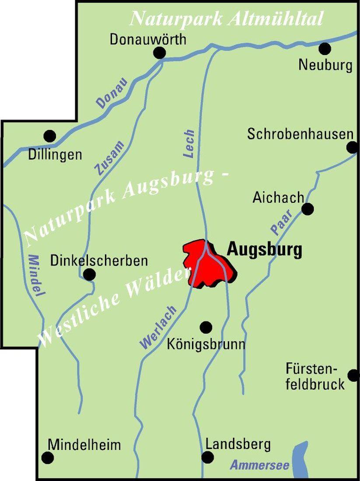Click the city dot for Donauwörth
[x=160, y=53]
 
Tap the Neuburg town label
[x=325, y=65]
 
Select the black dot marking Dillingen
[x=50, y=136]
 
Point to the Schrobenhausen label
[x=300, y=134]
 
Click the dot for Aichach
[x=308, y=209]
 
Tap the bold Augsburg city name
[x=264, y=250]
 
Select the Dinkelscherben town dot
[x=89, y=275]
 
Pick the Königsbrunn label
[x=206, y=344]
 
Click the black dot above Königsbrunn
[x=206, y=327]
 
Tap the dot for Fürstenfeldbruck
[x=353, y=375]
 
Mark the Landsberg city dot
[x=208, y=457]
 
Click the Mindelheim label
[x=84, y=445]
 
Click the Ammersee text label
[x=259, y=465]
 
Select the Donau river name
[x=112, y=93]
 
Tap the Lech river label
[x=189, y=144]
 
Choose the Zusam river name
[x=109, y=158]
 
